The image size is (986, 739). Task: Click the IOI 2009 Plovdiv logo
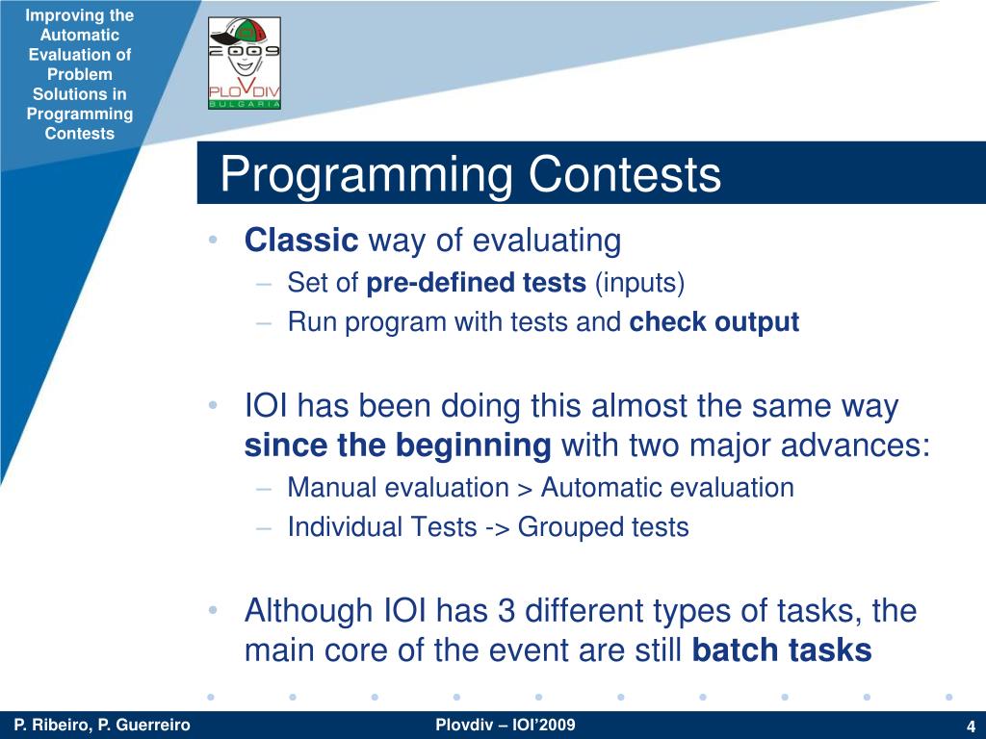[x=245, y=64]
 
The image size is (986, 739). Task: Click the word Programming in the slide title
[x=367, y=175]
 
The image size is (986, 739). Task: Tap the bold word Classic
[x=301, y=240]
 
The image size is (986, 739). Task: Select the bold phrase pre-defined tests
[x=476, y=283]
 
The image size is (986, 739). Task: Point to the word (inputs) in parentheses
[x=639, y=284]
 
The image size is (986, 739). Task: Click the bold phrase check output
[x=714, y=321]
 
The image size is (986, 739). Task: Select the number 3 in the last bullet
[x=506, y=610]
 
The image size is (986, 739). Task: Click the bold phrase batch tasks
[x=782, y=650]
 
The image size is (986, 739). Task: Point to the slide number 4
[x=971, y=726]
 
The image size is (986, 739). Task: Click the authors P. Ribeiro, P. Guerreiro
[x=102, y=726]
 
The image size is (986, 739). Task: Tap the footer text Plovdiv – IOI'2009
[x=505, y=725]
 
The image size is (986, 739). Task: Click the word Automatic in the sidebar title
[x=80, y=36]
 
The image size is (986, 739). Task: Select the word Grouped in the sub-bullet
[x=571, y=527]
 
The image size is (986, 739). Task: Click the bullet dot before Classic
[x=213, y=240]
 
